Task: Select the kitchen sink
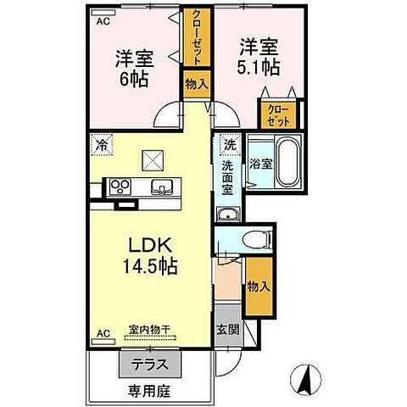tap(160, 187)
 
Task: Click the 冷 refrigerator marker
tap(102, 144)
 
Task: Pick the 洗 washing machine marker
tap(228, 144)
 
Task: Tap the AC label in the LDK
tap(103, 333)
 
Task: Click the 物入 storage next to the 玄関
tap(258, 287)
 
